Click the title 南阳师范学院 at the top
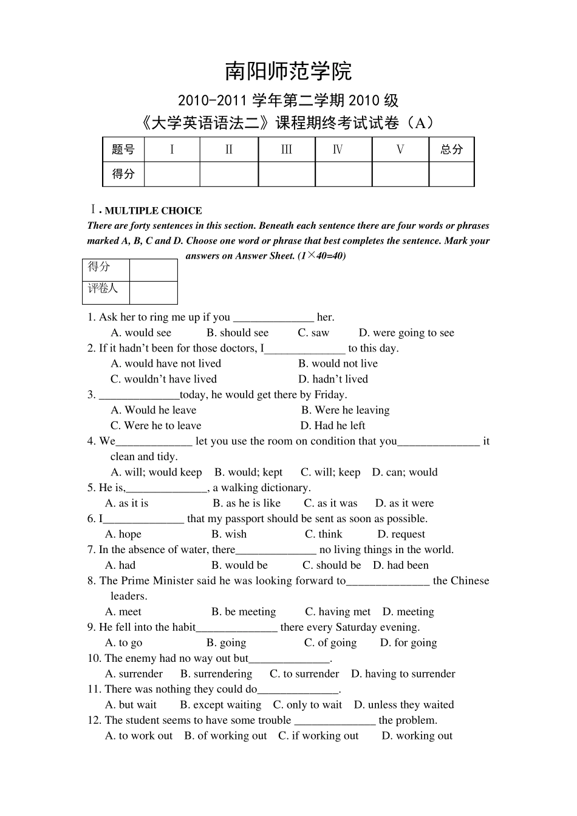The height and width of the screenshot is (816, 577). (x=288, y=72)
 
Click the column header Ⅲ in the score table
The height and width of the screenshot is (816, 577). (x=287, y=149)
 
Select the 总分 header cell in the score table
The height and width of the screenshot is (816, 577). (x=451, y=149)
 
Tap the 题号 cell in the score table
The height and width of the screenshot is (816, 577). (x=123, y=149)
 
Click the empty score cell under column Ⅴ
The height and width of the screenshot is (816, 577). (x=400, y=174)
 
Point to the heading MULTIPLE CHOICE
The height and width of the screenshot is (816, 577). (x=153, y=211)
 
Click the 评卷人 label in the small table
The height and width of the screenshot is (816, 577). (x=103, y=288)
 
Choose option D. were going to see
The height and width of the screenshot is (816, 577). (x=406, y=333)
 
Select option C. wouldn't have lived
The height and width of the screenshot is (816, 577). (x=163, y=379)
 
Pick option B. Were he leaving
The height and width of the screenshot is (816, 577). (x=345, y=410)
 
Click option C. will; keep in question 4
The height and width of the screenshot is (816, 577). (x=330, y=472)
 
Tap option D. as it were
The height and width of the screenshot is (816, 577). (x=404, y=503)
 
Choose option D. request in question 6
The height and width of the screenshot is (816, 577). (x=401, y=534)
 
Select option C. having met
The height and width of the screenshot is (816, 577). (x=338, y=611)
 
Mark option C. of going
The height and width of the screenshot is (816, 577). (x=330, y=642)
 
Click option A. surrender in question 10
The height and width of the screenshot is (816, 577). (x=134, y=673)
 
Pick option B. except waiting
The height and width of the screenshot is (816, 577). (x=220, y=704)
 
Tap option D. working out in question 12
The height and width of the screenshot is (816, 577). (x=417, y=735)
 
